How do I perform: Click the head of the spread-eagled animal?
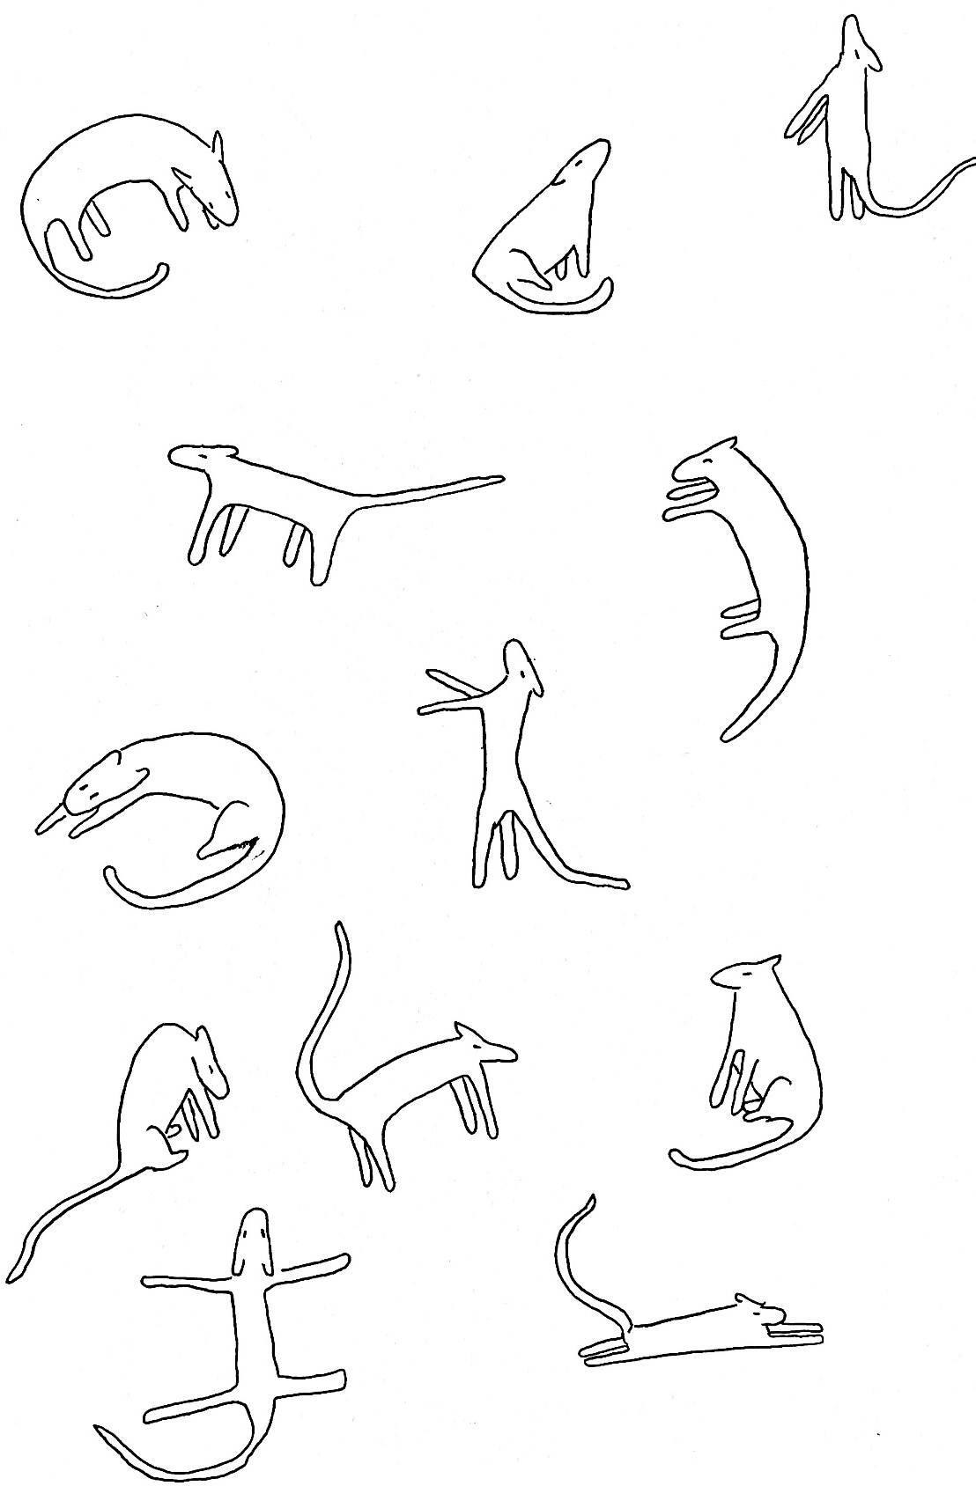pyautogui.click(x=254, y=1241)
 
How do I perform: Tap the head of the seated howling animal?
pyautogui.click(x=585, y=163)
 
